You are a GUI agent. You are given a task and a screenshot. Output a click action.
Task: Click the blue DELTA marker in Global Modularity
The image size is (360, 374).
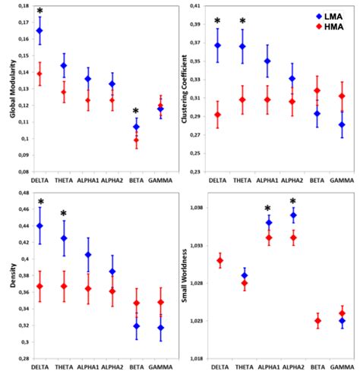[x=39, y=30]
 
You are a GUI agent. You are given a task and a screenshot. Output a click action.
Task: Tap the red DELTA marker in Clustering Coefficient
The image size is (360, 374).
[x=217, y=115]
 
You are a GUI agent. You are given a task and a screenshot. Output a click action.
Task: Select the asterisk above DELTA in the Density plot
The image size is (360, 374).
[x=39, y=203]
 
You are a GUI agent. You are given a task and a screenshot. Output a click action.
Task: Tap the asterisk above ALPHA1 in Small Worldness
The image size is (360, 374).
[x=268, y=209]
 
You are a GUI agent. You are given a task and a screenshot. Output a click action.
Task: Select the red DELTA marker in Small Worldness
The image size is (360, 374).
[x=219, y=261]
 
